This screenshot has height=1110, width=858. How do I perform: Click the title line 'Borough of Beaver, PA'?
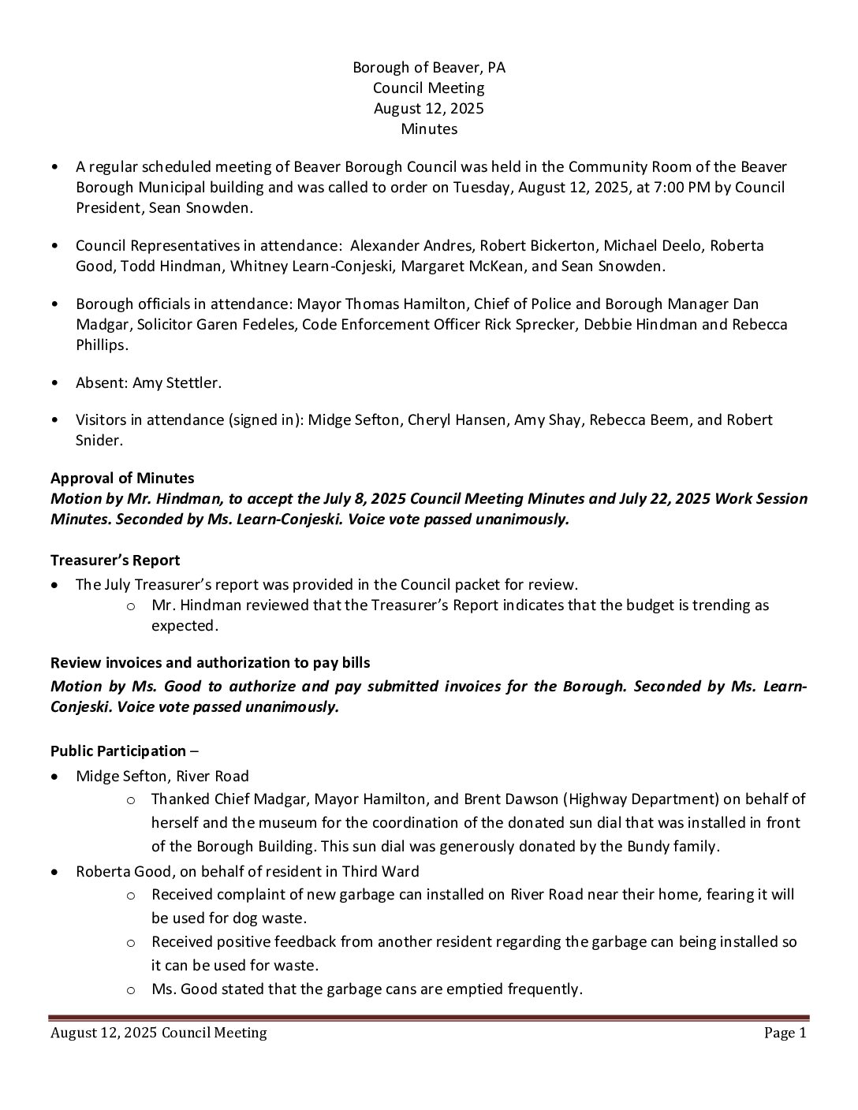coord(429,68)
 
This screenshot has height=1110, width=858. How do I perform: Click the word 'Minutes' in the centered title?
coord(429,129)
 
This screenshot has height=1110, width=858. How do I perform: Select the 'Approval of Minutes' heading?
coord(122,479)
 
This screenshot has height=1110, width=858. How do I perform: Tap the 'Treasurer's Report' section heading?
coord(115,561)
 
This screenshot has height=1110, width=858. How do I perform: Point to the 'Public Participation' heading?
coord(118,751)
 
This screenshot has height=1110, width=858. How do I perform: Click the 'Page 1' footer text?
coord(785,1033)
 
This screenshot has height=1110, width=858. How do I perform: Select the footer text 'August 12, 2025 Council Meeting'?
coord(159,1033)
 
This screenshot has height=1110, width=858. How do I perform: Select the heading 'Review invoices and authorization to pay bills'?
coord(210,663)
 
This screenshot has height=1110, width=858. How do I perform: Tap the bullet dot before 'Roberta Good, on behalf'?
coord(54,872)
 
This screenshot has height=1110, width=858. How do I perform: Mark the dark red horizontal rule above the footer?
coord(429,1018)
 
